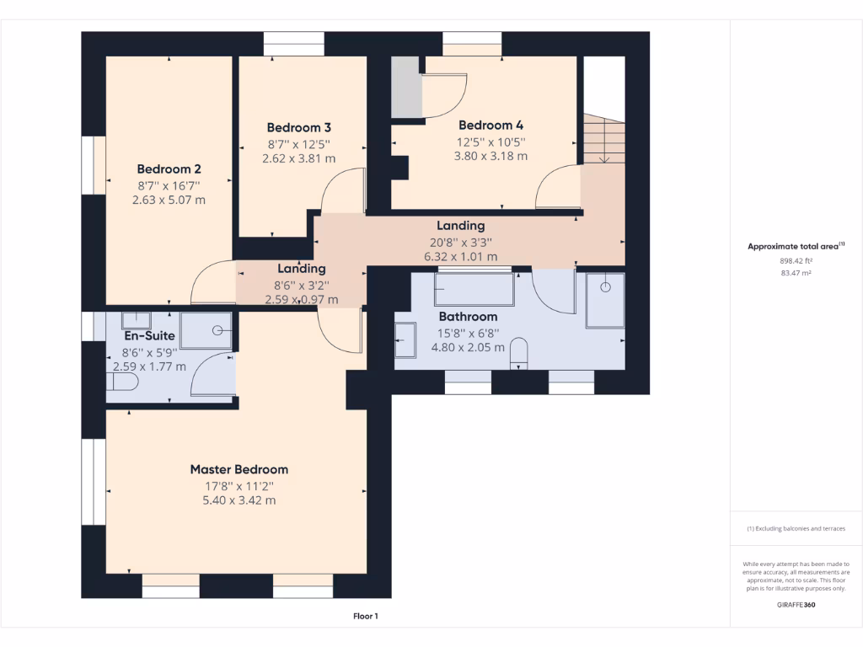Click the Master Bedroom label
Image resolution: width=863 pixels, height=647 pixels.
click(x=239, y=469)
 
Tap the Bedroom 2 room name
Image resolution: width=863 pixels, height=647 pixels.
click(x=169, y=168)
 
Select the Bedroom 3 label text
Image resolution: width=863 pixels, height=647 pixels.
click(x=298, y=127)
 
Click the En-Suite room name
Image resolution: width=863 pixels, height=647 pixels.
click(x=149, y=335)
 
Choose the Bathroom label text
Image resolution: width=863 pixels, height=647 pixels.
click(x=468, y=317)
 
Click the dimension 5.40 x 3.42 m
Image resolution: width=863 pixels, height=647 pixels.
click(x=239, y=500)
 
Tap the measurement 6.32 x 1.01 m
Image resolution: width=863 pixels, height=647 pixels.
click(x=460, y=256)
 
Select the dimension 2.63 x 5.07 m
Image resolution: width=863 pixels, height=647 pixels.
click(x=169, y=200)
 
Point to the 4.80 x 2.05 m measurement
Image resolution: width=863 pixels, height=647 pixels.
click(x=468, y=346)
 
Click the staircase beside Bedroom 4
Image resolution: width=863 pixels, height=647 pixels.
click(x=604, y=139)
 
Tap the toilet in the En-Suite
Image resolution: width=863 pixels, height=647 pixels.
click(x=123, y=382)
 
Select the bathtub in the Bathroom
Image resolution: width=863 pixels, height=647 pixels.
click(x=473, y=289)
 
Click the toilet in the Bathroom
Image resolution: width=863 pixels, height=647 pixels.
click(x=519, y=353)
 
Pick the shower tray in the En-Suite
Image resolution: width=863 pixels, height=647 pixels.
click(x=206, y=330)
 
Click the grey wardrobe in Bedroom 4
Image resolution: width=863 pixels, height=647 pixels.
click(x=405, y=87)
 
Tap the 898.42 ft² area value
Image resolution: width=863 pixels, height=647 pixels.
click(x=796, y=261)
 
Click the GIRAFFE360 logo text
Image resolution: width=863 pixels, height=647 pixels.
click(x=796, y=605)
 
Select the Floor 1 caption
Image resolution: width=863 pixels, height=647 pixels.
click(x=365, y=617)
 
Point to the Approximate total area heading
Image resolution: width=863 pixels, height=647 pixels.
click(x=796, y=246)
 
